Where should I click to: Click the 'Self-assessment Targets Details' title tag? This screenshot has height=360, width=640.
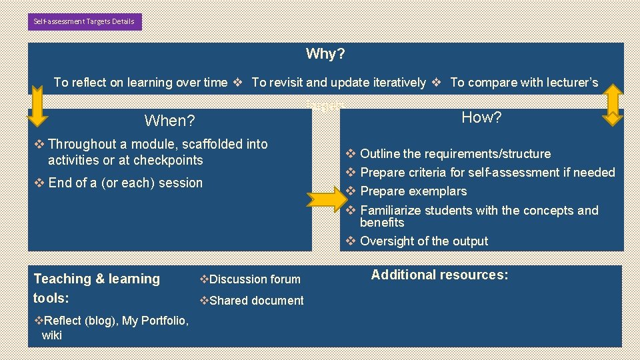[x=85, y=21]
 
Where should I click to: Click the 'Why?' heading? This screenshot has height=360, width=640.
[x=325, y=53]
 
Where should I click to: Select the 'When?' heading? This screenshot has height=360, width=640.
[x=169, y=121]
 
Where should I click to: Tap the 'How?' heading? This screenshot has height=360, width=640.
[x=481, y=118]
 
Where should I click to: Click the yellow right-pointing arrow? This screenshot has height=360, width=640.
[x=327, y=197]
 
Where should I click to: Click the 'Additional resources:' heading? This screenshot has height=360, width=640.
[x=439, y=275]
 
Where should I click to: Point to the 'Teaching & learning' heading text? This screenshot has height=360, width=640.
[x=97, y=279]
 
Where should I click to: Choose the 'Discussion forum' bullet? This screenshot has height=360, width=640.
[x=251, y=279]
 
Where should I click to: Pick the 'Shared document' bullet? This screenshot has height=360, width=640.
[x=252, y=301]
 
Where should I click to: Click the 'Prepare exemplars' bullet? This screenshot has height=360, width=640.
[x=413, y=191]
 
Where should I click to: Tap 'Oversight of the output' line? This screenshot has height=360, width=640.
[x=423, y=241]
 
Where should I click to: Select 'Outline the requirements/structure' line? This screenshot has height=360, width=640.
[x=455, y=154]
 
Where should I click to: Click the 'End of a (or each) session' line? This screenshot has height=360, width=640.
[x=125, y=183]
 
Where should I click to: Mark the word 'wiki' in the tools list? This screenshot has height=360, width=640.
[x=51, y=335]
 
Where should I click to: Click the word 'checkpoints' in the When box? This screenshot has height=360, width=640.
[x=168, y=160]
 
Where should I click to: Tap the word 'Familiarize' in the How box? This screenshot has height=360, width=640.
[x=390, y=211]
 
